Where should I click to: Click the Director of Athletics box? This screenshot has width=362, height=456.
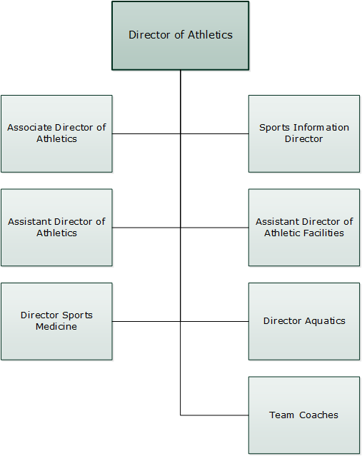[x=181, y=36]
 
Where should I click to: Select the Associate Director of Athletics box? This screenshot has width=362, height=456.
[x=56, y=133]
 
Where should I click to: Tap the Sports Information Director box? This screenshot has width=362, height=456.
[x=304, y=133]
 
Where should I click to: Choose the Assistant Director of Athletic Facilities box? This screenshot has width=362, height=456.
[x=304, y=228]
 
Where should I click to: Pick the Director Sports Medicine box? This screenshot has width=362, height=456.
[x=56, y=321]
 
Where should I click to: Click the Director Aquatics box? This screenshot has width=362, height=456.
[x=304, y=321]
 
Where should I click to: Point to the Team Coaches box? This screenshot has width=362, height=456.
[x=304, y=415]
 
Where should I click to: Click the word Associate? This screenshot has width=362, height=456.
[x=30, y=127]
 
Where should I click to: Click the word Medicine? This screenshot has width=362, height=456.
[x=56, y=327]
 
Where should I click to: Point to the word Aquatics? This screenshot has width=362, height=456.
[x=325, y=321]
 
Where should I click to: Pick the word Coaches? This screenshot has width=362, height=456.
[x=318, y=415]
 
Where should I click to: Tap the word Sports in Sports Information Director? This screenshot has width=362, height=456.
[x=274, y=128]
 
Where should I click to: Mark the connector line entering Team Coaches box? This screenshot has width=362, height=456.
[x=214, y=415]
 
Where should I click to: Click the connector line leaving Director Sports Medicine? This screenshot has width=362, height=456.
[x=146, y=321]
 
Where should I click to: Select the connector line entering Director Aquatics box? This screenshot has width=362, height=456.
[x=214, y=321]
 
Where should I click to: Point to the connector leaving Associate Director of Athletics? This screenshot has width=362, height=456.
[x=146, y=133]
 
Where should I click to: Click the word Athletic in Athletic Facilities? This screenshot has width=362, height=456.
[x=282, y=233]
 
